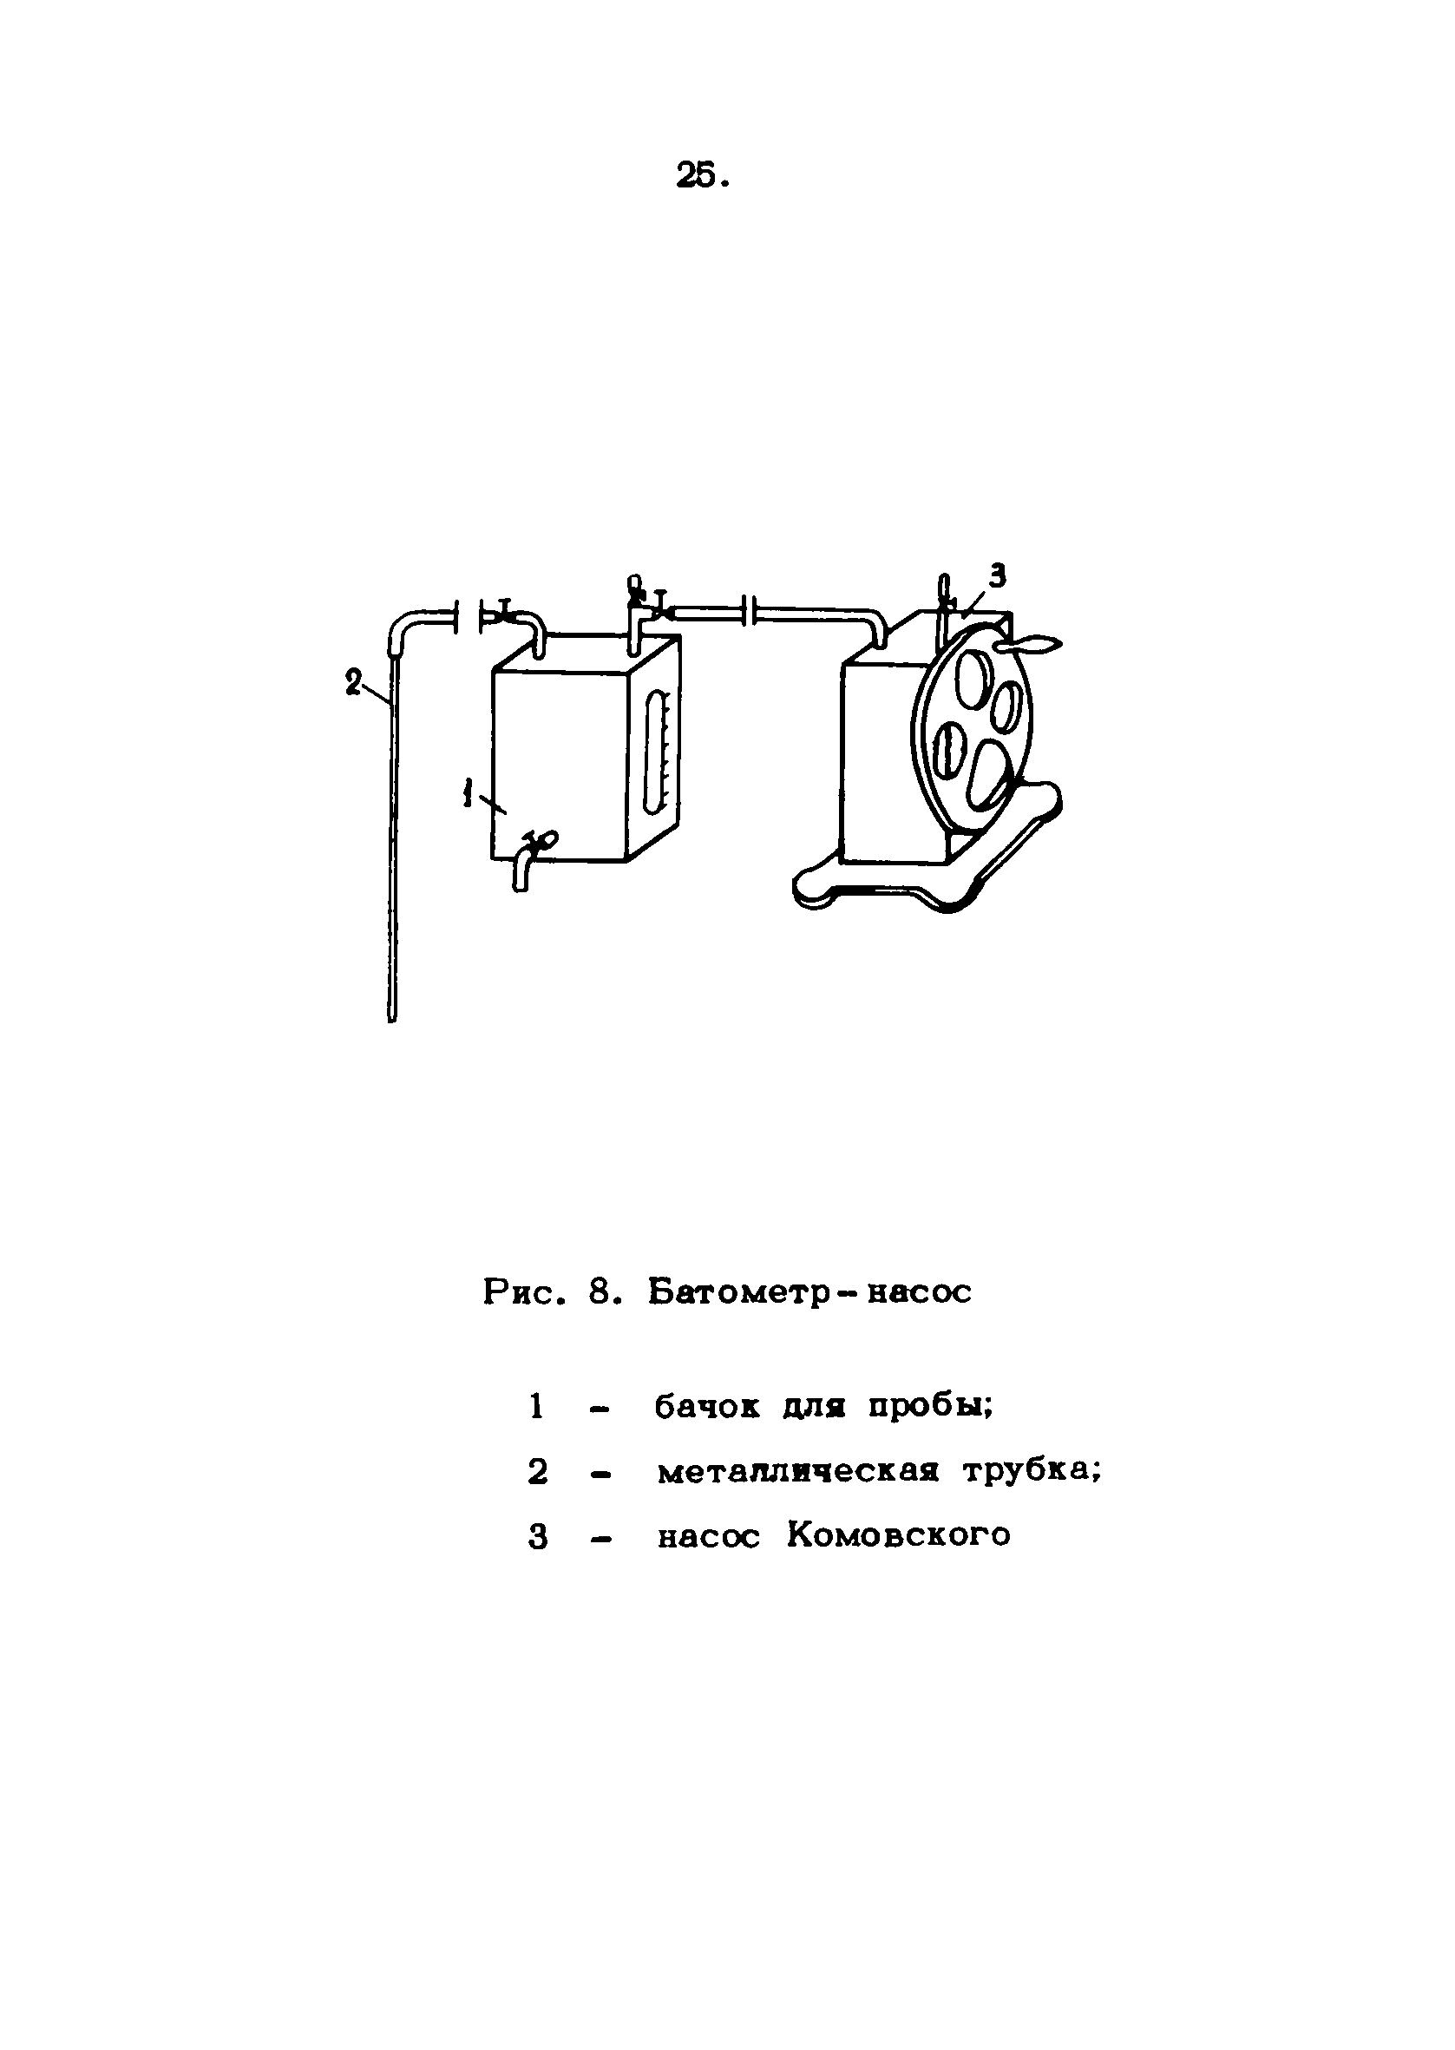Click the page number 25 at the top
(x=703, y=176)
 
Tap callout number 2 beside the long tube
(x=353, y=683)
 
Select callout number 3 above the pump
(x=997, y=576)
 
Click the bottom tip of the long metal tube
(x=392, y=1016)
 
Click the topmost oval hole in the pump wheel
(x=973, y=677)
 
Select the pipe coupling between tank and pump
(x=750, y=614)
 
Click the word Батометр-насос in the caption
(x=809, y=1292)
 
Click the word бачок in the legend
(x=707, y=1407)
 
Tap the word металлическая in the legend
(x=797, y=1472)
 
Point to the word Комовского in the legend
(x=899, y=1535)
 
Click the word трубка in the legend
(x=1031, y=1472)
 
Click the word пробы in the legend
(x=930, y=1407)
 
